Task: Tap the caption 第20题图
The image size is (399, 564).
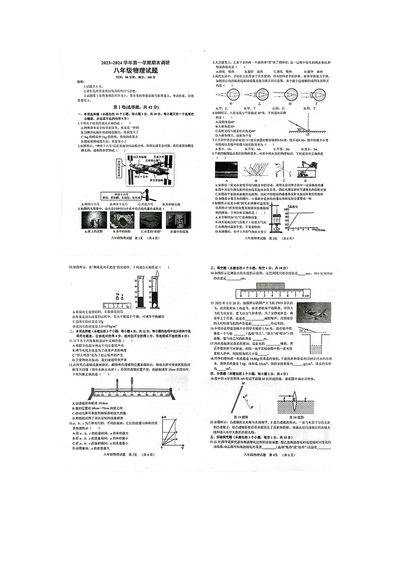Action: pyautogui.click(x=297, y=416)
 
